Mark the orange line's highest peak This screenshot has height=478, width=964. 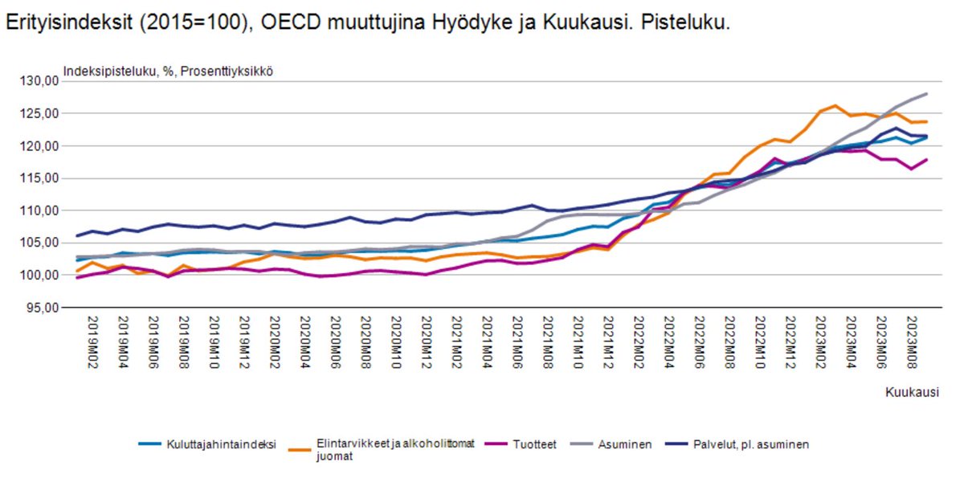click(836, 105)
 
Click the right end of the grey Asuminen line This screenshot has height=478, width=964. click(927, 94)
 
